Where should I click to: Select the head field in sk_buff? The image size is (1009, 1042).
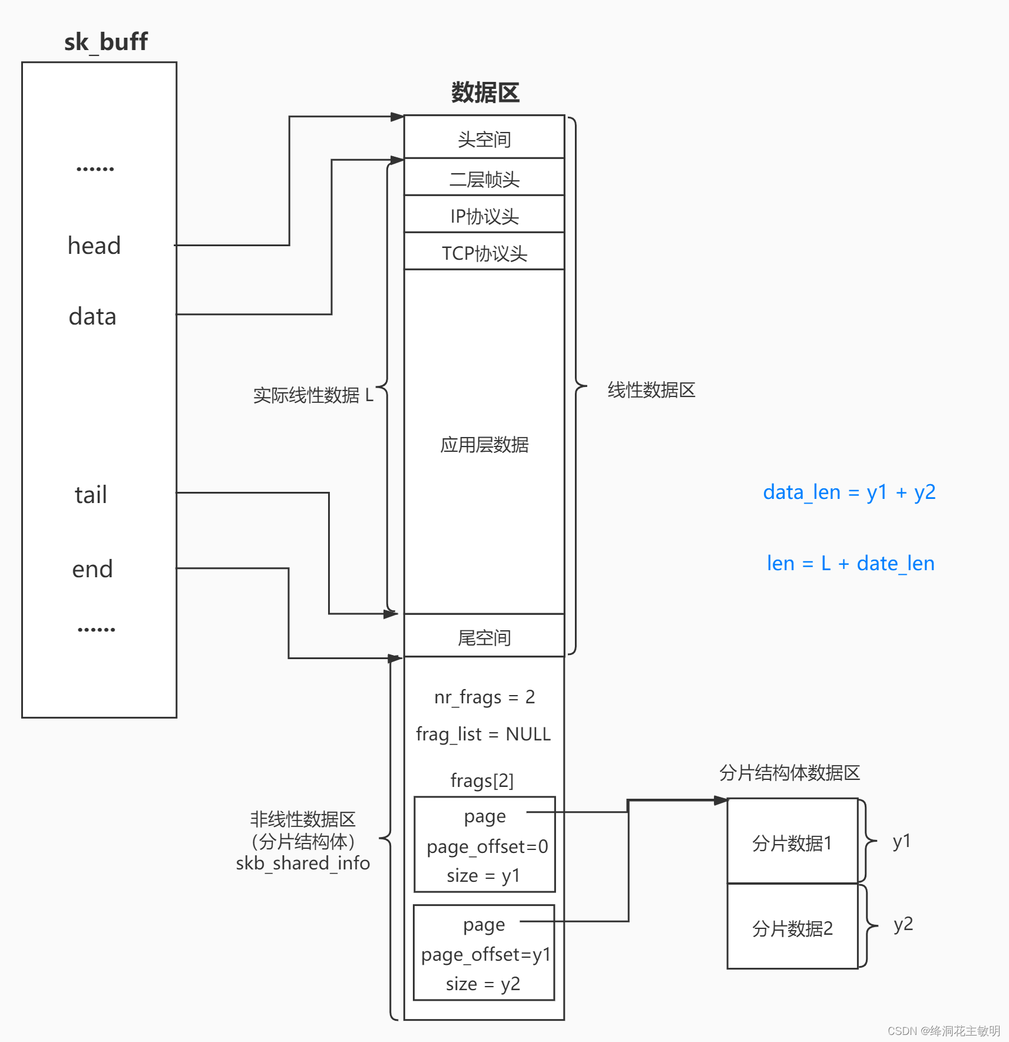click(x=94, y=246)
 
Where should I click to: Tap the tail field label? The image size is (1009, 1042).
click(x=91, y=495)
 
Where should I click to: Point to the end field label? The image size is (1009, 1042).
click(x=92, y=569)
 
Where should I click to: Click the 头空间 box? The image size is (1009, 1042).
click(x=484, y=139)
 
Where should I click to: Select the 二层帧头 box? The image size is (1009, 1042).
click(x=484, y=178)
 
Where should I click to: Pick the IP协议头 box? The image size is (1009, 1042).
click(x=484, y=216)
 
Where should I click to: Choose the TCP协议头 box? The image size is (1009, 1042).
click(x=484, y=253)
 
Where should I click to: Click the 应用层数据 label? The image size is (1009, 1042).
click(x=484, y=445)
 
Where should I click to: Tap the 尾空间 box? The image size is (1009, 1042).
click(x=484, y=637)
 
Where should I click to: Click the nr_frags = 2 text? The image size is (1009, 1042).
click(x=484, y=697)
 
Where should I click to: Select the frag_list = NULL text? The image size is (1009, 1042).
click(x=483, y=734)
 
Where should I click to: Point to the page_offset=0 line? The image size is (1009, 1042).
click(x=487, y=846)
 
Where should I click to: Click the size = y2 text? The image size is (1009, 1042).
click(x=483, y=984)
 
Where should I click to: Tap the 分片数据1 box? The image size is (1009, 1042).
click(x=792, y=843)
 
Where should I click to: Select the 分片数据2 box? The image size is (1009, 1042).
click(x=792, y=928)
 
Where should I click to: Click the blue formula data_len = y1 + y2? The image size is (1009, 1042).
click(x=849, y=492)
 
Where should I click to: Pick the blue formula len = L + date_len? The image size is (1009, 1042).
click(x=850, y=564)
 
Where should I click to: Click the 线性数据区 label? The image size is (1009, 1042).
click(x=651, y=390)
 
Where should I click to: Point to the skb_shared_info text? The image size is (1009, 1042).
click(x=303, y=864)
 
